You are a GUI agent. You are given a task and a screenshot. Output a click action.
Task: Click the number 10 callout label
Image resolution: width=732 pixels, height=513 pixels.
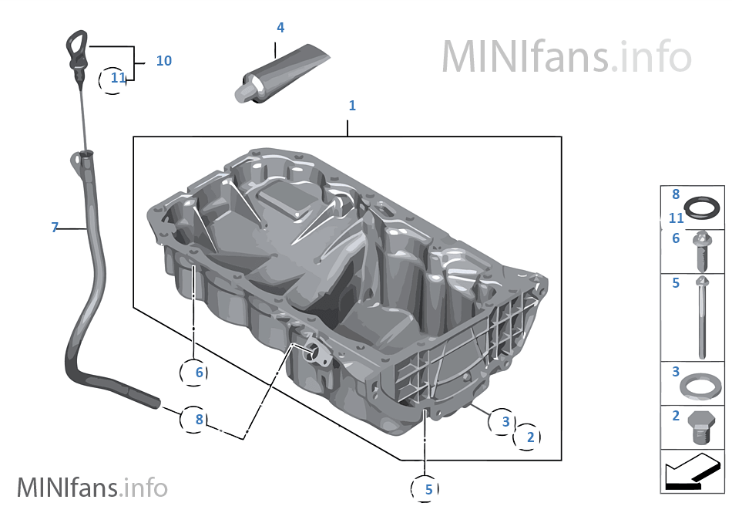(x=163, y=60)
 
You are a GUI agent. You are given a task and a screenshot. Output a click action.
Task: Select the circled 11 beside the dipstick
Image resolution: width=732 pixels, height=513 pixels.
(x=116, y=78)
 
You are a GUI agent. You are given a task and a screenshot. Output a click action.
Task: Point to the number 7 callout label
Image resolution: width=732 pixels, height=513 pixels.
(x=55, y=228)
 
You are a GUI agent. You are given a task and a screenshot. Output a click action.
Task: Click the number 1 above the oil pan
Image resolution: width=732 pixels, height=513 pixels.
(x=352, y=106)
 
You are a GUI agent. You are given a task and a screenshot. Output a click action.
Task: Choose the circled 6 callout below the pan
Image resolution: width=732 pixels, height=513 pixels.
(x=198, y=373)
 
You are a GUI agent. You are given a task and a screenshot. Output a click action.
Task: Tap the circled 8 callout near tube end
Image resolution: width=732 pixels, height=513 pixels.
(x=198, y=420)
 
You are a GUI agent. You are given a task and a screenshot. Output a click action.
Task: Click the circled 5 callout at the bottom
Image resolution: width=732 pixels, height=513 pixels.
(x=428, y=488)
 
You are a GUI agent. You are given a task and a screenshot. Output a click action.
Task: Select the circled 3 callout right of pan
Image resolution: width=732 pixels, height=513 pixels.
(x=505, y=421)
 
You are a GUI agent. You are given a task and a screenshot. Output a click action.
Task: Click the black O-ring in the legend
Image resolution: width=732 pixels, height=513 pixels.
(x=703, y=208)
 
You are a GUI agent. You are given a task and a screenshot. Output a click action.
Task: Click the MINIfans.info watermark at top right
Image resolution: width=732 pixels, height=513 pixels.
(x=566, y=56)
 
